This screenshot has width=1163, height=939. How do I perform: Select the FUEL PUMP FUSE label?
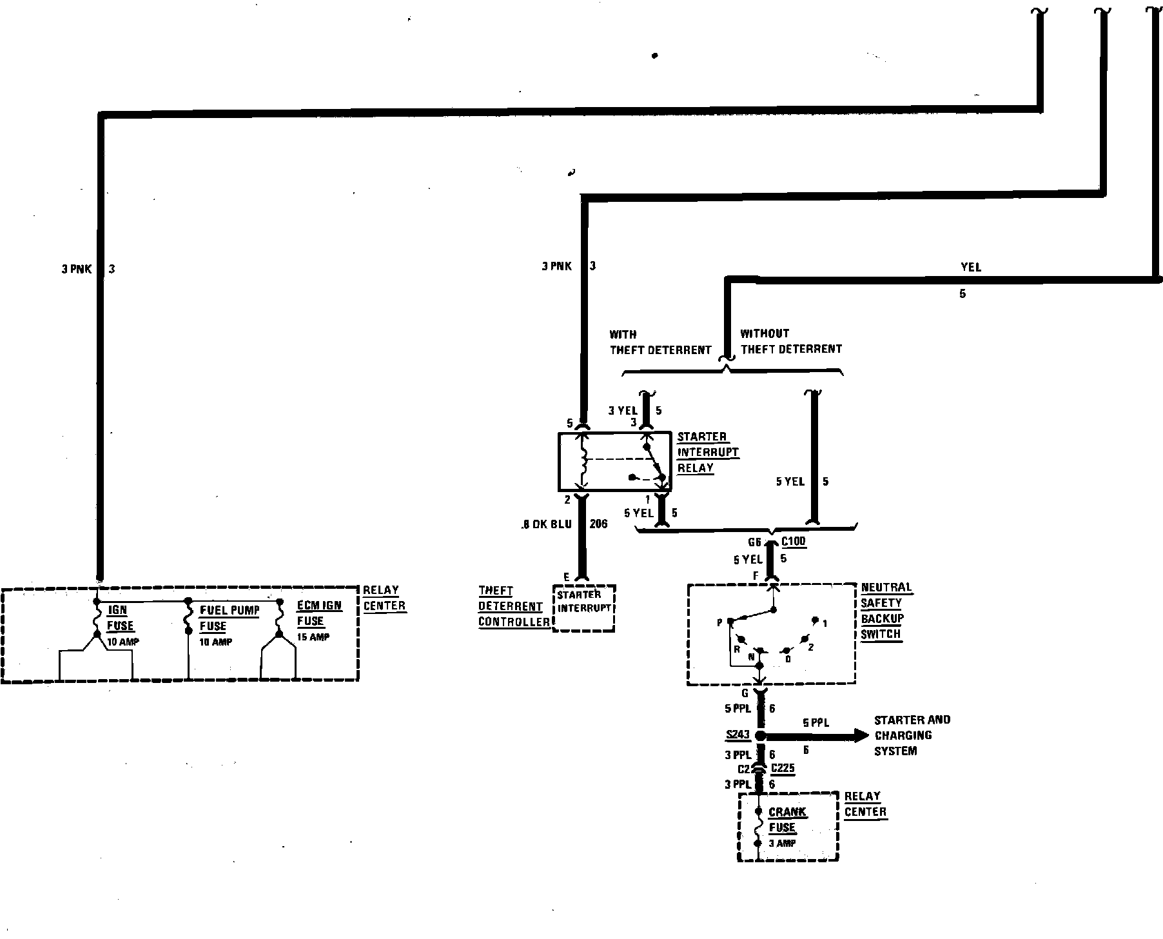(x=229, y=618)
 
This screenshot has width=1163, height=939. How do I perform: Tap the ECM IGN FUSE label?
(x=318, y=613)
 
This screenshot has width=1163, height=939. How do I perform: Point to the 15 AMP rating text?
(x=313, y=637)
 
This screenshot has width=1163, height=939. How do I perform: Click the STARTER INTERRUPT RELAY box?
(x=614, y=462)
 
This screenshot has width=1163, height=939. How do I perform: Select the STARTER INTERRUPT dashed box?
(x=583, y=608)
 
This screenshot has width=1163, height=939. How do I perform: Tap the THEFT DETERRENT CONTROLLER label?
(x=513, y=606)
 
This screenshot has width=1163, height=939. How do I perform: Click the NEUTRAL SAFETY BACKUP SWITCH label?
(x=886, y=610)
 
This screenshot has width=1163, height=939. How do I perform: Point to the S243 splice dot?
(x=760, y=736)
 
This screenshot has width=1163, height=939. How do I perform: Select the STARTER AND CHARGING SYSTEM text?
(x=911, y=735)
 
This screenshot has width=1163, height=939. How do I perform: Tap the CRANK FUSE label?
(x=786, y=820)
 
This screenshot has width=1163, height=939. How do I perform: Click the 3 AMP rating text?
(x=781, y=843)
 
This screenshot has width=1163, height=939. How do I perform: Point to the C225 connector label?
(x=783, y=768)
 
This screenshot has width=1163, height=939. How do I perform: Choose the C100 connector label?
(x=793, y=542)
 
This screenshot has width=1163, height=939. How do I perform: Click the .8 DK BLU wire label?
(x=547, y=524)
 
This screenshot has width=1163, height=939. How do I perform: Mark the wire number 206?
(x=598, y=524)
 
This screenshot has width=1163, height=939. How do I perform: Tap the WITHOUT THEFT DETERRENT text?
(x=790, y=342)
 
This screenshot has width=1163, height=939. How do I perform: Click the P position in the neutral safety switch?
(x=720, y=622)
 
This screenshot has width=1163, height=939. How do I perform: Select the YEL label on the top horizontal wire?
(x=970, y=267)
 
